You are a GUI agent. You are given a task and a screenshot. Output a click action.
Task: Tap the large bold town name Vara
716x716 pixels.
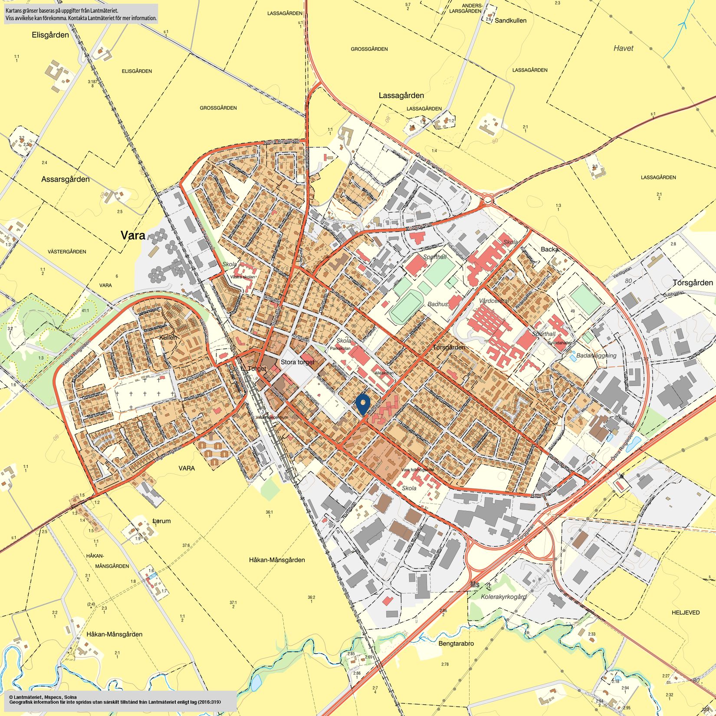tap(134, 236)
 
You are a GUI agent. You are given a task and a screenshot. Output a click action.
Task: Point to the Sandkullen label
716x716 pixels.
tap(511, 20)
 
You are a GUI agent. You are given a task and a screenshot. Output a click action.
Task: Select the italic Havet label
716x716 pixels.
tap(623, 48)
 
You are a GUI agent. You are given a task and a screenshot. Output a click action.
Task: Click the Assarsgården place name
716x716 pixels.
tap(66, 179)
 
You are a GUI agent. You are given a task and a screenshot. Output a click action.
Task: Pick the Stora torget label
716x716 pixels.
tap(297, 362)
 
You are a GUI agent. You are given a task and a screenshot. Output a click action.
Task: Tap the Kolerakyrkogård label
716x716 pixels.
tap(503, 597)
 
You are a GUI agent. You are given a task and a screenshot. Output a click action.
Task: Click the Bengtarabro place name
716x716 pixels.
tap(456, 644)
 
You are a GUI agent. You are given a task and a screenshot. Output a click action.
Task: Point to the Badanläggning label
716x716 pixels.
tap(596, 355)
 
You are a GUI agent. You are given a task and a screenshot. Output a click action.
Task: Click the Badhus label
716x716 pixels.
tap(437, 304)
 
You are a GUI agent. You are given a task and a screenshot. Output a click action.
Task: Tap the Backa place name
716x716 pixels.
tap(549, 249)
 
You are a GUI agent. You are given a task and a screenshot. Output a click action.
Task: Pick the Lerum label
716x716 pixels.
tap(162, 521)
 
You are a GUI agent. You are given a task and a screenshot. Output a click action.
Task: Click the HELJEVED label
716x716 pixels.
tap(686, 613)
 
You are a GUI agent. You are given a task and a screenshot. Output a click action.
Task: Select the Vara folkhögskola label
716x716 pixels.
tap(417, 470)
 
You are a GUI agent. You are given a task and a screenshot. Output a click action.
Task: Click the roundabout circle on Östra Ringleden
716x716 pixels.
tap(487, 200)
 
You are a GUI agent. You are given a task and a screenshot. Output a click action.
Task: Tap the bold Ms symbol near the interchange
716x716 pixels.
tap(475, 585)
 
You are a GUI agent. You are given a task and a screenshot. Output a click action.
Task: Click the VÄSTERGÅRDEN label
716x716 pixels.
tap(67, 252)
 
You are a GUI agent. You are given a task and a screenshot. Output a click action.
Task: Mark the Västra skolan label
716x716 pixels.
tap(243, 276)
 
